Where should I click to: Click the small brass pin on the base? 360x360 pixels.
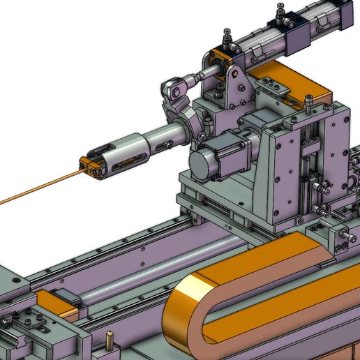point(110,342)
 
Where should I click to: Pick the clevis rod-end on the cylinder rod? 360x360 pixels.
point(176,88)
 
